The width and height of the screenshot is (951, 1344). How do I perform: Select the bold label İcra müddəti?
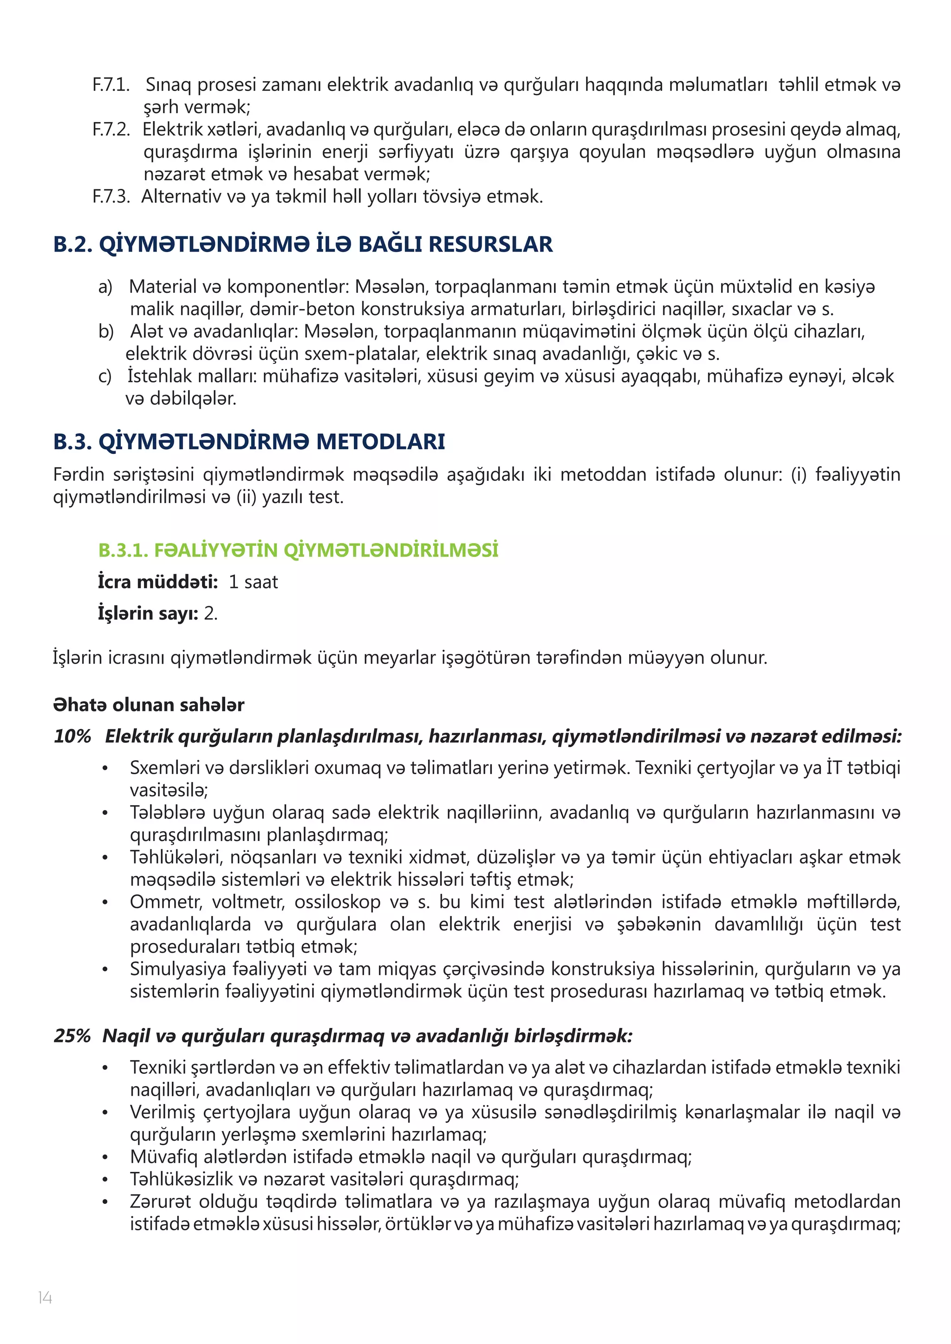point(157,582)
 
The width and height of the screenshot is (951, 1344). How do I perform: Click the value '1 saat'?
point(253,582)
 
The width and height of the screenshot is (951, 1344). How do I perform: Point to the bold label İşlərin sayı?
point(148,614)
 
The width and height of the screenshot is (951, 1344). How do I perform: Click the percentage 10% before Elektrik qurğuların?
point(72,737)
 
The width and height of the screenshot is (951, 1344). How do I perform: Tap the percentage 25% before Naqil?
point(72,1036)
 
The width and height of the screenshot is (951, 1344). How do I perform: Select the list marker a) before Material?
point(105,287)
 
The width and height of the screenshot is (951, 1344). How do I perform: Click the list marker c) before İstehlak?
point(105,376)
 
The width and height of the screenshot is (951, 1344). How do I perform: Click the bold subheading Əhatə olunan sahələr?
point(149,705)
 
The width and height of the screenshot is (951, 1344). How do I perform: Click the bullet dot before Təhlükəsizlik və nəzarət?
point(105,1180)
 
